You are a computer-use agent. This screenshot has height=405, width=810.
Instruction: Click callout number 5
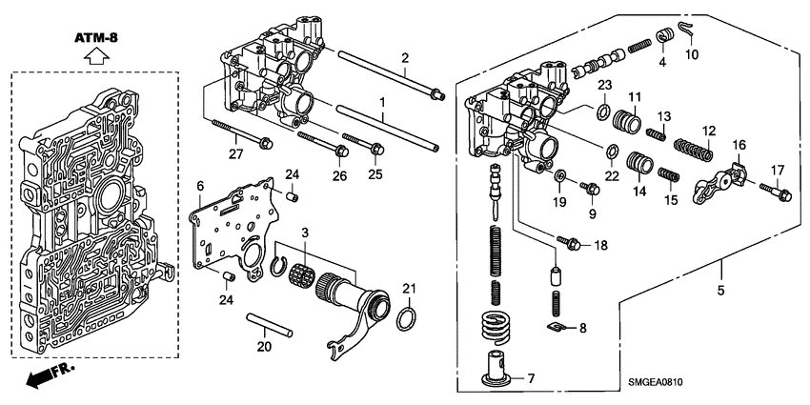tap(721, 290)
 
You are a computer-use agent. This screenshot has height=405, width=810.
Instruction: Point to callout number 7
tap(530, 379)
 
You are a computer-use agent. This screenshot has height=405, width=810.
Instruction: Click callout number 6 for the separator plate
tap(200, 185)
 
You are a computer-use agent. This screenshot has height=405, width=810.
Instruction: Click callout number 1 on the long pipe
tap(383, 101)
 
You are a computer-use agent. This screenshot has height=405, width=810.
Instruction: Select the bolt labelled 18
tap(573, 245)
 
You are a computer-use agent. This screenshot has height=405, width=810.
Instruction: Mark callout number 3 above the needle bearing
tap(304, 232)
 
